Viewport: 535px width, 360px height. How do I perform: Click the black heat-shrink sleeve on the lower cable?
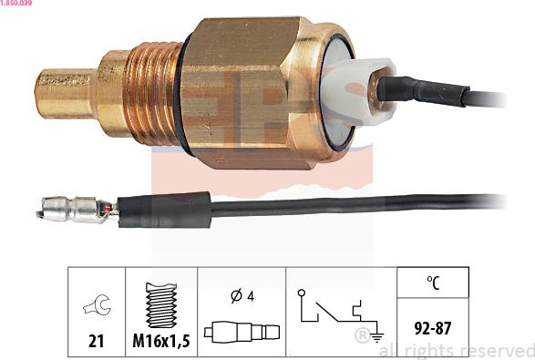click(164, 211)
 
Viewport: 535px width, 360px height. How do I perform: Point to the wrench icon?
click(97, 305)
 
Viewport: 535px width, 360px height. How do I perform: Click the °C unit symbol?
click(432, 283)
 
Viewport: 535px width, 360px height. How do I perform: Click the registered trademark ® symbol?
click(361, 335)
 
